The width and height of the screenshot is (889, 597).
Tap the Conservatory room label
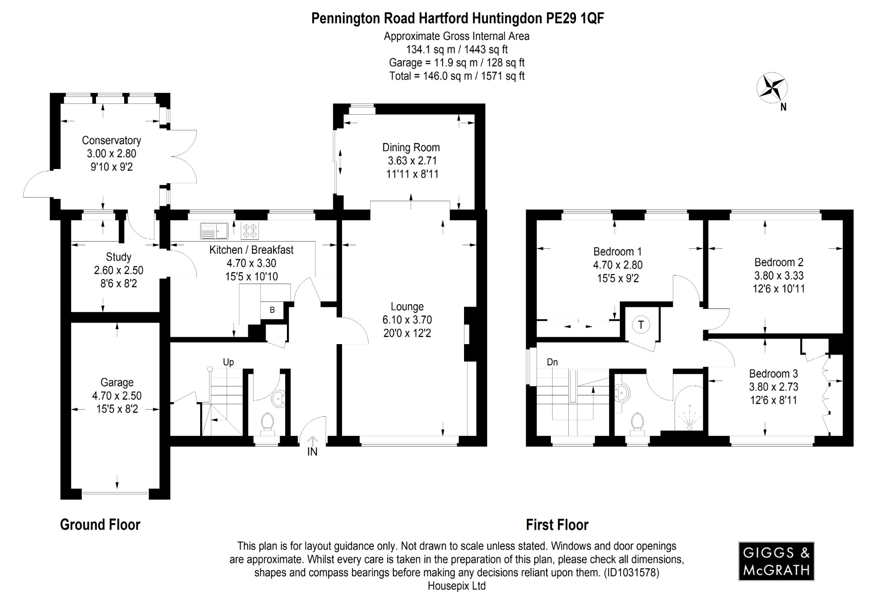111,140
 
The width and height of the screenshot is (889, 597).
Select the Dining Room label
411,147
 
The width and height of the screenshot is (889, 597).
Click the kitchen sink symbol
214,231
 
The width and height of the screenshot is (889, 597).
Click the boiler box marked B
272,310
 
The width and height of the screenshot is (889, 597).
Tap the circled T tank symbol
641,325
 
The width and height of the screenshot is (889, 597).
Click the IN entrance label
312,452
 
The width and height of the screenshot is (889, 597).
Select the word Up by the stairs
228,362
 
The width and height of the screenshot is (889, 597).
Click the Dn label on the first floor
552,362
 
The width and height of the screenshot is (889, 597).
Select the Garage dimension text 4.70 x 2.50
116,396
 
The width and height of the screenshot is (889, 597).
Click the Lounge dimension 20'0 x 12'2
407,333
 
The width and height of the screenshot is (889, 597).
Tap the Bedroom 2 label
778,262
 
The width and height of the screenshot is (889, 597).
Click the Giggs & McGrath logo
776,561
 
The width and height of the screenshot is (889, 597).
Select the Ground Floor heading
100,524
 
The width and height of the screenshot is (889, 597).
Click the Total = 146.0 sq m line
457,76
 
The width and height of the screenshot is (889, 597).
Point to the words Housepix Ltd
456,586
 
